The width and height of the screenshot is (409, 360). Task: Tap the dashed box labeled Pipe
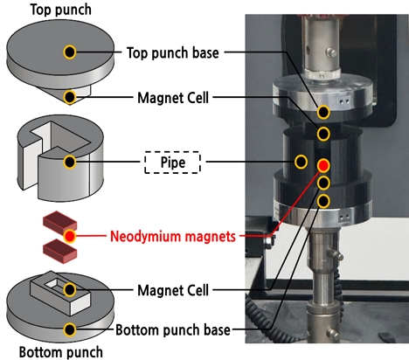[171, 162]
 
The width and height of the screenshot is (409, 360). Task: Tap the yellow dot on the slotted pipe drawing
[70, 161]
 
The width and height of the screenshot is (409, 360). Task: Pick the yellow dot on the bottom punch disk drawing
[70, 329]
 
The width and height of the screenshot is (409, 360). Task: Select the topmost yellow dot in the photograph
[323, 112]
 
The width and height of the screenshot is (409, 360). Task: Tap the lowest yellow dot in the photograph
[323, 202]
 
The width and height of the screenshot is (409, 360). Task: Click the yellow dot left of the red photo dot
[302, 161]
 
